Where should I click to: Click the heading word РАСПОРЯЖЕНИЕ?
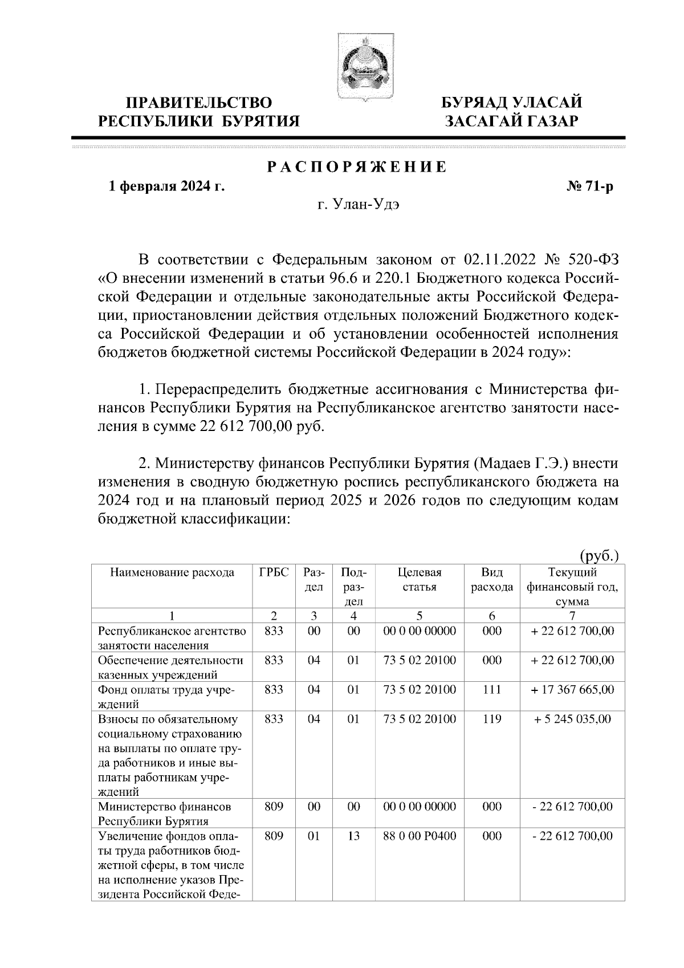(357, 168)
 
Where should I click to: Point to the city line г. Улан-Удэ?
(359, 205)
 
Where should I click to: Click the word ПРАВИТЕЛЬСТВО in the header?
(199, 103)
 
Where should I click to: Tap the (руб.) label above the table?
(599, 555)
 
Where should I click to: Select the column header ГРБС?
(274, 573)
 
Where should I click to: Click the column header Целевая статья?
(420, 580)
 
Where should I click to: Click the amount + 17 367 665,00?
(572, 690)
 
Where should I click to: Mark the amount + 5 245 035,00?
(572, 719)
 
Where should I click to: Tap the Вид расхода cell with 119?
(491, 719)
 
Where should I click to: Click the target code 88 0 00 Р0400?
(420, 836)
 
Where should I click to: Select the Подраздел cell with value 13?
(353, 836)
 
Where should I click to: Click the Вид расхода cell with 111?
(491, 690)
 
